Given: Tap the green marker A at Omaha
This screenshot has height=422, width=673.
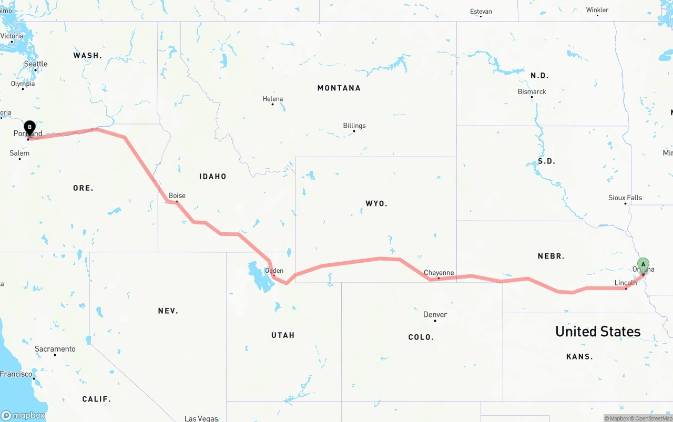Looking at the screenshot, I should click(643, 264).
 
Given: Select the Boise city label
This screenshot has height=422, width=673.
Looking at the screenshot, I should click(177, 195).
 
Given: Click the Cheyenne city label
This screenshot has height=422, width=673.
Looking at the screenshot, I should click(439, 273).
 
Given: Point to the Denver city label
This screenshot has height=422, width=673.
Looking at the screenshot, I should click(435, 314).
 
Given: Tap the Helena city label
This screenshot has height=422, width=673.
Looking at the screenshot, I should click(272, 99).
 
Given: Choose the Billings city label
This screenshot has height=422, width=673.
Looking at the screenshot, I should click(354, 126).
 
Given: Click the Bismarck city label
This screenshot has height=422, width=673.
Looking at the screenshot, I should click(532, 91).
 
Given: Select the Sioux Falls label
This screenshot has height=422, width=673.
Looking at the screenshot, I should click(625, 198).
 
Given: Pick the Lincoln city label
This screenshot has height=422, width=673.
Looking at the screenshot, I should click(625, 283).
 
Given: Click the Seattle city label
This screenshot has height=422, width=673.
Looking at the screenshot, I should click(36, 64).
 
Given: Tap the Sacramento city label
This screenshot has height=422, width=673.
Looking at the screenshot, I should click(55, 349).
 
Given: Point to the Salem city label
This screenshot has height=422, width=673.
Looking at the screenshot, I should click(19, 153).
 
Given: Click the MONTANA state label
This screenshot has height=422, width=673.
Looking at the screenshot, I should click(339, 88).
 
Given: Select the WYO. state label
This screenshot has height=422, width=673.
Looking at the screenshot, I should click(376, 203).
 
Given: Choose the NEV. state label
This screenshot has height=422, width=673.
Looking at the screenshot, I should click(168, 311).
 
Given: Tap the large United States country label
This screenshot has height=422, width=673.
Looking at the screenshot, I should click(598, 332).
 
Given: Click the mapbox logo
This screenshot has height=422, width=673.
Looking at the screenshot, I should click(23, 415).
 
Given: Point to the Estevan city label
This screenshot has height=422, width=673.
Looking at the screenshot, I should click(481, 12).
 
